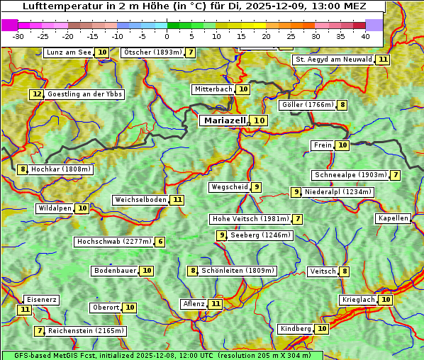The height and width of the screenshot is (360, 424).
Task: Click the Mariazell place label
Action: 225,120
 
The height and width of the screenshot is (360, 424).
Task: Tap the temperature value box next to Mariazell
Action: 260,120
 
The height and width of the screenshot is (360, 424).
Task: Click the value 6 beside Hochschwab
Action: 160,242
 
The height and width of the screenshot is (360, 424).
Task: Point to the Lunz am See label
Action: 69,52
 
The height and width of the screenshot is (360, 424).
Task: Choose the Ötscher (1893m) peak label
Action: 152,52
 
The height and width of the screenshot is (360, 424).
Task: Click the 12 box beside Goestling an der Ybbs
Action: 37,94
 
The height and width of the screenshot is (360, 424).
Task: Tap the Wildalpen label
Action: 55,208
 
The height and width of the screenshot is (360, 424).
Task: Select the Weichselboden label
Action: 140,200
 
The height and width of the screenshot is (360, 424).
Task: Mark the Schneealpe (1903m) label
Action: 350,175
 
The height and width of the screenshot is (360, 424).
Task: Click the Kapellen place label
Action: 393,218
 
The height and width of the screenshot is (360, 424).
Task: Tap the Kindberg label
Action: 296,329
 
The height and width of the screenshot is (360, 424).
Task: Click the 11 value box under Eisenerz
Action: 25,309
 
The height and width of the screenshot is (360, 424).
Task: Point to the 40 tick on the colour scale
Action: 365,35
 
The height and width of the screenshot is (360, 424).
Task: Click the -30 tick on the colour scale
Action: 18,35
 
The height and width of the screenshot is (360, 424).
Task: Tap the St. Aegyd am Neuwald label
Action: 333,60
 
